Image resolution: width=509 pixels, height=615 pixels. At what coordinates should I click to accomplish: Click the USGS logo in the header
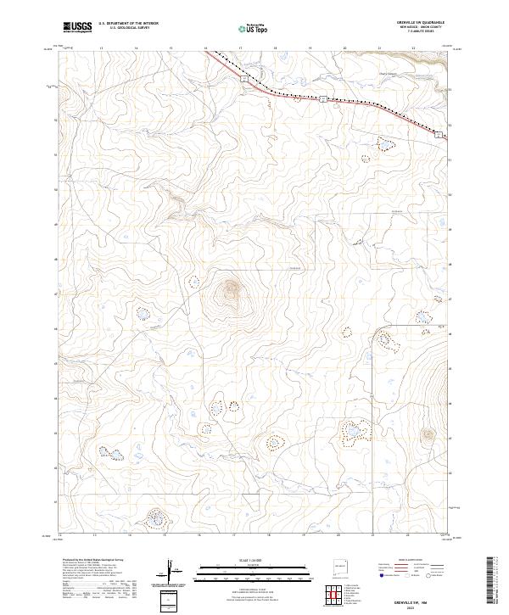click(77, 27)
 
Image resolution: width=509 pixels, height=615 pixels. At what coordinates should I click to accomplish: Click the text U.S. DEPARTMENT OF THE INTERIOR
click(128, 24)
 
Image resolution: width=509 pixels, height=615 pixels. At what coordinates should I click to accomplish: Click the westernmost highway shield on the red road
click(243, 78)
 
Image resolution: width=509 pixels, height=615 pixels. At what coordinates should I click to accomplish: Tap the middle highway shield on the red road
click(323, 99)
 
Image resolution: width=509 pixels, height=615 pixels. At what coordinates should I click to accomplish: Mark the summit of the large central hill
click(230, 290)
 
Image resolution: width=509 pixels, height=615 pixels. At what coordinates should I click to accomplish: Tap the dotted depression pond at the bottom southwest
click(156, 516)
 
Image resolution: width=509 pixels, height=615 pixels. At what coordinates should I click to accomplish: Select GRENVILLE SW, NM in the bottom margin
click(435, 599)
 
